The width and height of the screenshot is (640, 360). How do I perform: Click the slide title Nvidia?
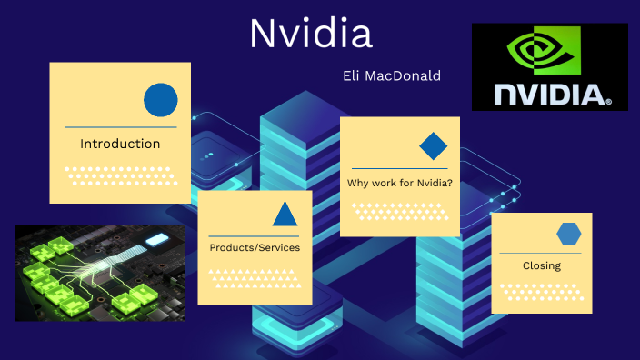[311, 35]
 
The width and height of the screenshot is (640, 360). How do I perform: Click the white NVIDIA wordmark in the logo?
[549, 93]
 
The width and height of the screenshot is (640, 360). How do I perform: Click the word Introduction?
[120, 144]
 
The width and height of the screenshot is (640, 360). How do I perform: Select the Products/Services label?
[255, 247]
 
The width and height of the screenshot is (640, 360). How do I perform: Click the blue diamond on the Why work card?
[433, 146]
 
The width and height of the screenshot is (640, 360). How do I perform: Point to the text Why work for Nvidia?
[399, 184]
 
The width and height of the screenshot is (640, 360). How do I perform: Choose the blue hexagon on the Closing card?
[569, 234]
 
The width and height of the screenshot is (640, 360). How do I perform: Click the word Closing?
[542, 266]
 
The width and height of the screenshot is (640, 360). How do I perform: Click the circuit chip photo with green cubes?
[100, 273]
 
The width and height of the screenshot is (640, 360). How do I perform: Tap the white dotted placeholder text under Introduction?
[120, 175]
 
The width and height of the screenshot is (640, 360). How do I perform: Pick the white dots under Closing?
[542, 292]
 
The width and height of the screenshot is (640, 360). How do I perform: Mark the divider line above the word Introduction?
[120, 127]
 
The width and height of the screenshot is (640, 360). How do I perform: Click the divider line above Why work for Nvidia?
[399, 168]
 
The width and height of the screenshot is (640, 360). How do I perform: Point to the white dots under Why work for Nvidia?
[399, 211]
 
